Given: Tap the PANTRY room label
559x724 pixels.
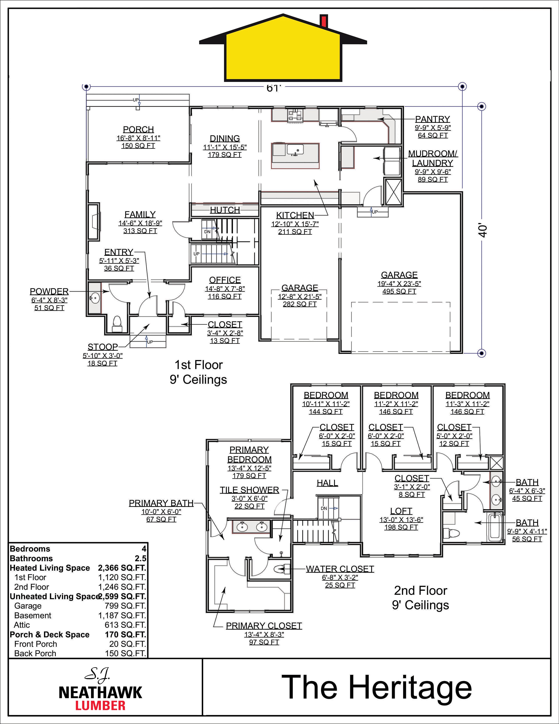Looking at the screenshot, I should (x=433, y=119).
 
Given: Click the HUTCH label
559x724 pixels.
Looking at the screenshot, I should (x=225, y=210).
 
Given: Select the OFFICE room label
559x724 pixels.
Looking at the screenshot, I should (x=225, y=280).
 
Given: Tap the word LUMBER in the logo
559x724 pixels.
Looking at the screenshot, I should (x=100, y=705).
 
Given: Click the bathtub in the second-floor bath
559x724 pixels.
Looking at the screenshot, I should (x=496, y=527).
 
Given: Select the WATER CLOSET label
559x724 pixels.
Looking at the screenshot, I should (x=340, y=569).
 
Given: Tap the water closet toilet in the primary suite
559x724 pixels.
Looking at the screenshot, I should (x=281, y=569).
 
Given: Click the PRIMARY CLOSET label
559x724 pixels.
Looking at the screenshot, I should (x=264, y=626).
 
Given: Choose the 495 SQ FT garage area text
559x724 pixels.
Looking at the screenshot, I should (x=399, y=291).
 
